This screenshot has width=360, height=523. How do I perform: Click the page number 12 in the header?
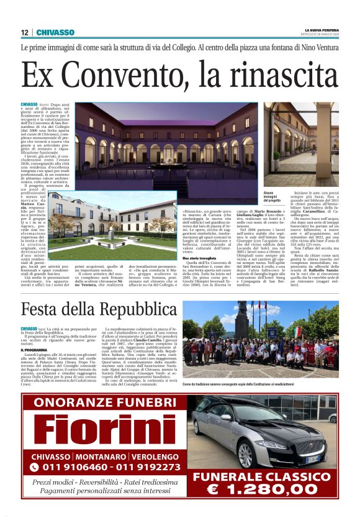click(x=24, y=32)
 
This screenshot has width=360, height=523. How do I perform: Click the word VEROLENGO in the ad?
click(x=150, y=457)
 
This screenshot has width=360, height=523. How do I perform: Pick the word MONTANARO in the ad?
click(x=101, y=457)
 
